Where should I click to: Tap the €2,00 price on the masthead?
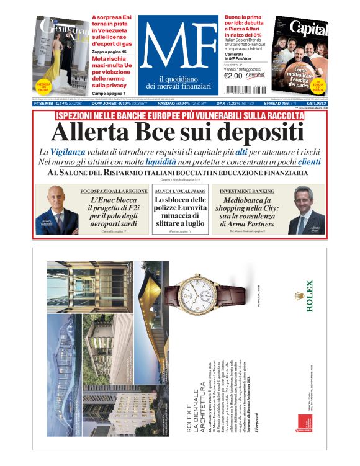(x=233, y=76)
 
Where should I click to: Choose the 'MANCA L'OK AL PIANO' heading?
(x=179, y=192)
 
